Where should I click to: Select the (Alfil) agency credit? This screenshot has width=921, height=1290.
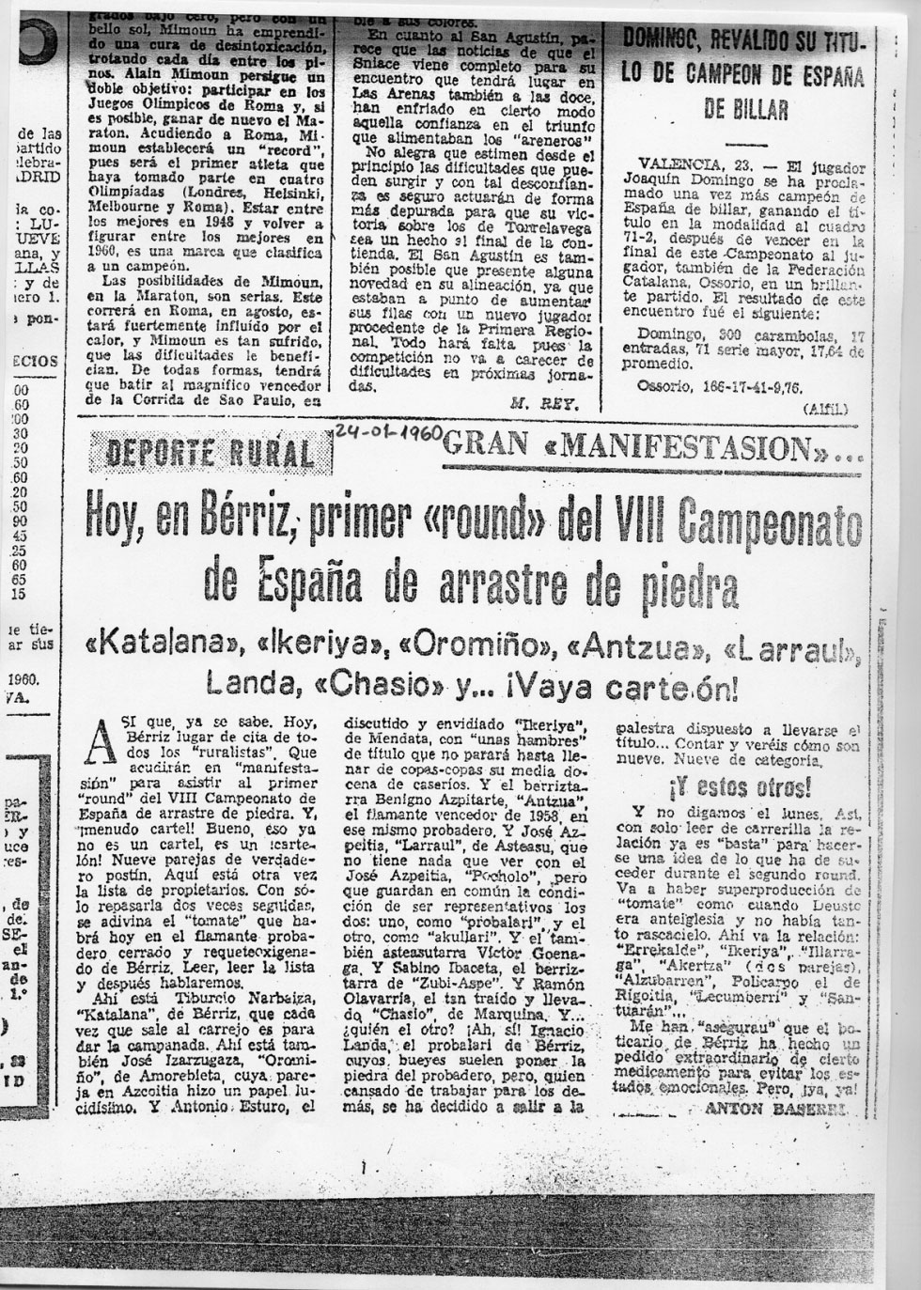click(x=825, y=409)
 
